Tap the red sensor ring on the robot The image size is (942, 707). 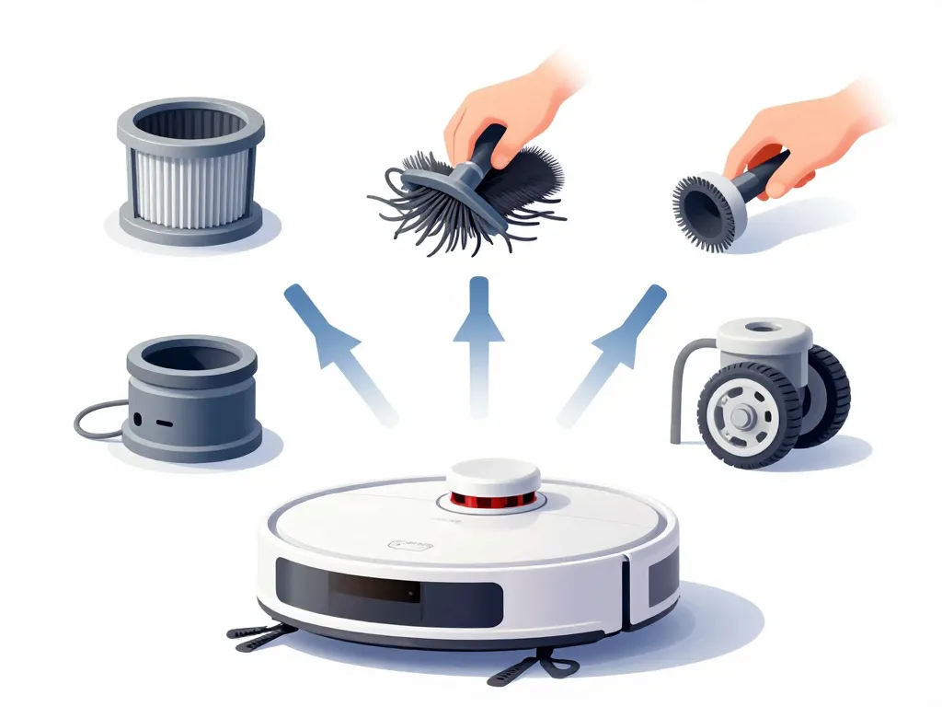[494, 500]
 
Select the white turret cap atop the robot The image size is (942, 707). [494, 477]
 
